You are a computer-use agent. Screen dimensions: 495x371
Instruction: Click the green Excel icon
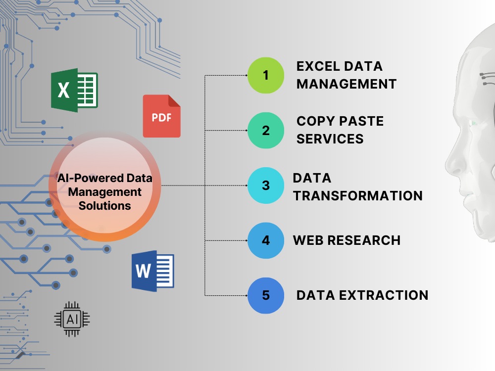(x=75, y=90)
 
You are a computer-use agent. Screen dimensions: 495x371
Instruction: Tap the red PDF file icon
(x=162, y=116)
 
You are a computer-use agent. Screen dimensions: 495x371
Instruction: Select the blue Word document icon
(x=153, y=271)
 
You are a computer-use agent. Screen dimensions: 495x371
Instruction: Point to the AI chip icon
(x=72, y=319)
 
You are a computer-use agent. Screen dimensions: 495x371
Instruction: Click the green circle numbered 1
(x=266, y=75)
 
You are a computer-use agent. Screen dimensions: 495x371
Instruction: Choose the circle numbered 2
(x=266, y=130)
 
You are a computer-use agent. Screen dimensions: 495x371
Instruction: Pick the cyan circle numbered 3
(x=266, y=185)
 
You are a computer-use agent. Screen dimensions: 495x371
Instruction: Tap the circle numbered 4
(x=266, y=240)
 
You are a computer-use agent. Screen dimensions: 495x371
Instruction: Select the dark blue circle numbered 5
(x=266, y=296)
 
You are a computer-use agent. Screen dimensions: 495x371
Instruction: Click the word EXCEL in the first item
(x=318, y=67)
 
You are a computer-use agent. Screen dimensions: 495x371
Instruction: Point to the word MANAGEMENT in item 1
(x=346, y=84)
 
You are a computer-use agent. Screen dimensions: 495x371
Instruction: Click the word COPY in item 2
(x=315, y=122)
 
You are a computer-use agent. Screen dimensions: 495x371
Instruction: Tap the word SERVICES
(x=330, y=139)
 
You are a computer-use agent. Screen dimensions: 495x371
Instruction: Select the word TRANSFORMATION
(x=358, y=196)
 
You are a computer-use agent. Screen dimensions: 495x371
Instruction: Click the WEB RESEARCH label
(x=346, y=240)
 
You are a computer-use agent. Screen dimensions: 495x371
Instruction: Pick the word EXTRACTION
(x=384, y=296)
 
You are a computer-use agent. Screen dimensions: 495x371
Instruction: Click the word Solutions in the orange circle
(x=105, y=206)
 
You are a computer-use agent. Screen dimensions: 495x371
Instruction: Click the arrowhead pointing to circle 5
(x=246, y=296)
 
